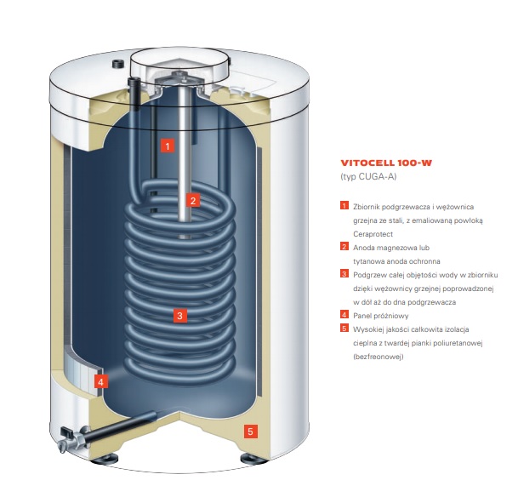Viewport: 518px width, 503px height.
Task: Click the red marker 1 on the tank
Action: click(168, 146)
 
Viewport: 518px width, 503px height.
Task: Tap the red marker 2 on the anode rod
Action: click(193, 201)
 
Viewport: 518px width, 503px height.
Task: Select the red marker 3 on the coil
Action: click(179, 316)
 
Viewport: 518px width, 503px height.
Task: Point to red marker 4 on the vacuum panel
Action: click(100, 382)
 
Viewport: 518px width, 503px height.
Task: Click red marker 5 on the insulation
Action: click(250, 432)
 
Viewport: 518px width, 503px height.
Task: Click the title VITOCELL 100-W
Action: click(384, 162)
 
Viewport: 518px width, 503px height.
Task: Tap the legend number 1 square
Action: click(344, 207)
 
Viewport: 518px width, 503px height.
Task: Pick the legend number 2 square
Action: click(344, 247)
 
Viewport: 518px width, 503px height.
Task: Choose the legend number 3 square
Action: click(344, 274)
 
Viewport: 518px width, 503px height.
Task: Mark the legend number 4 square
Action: click(344, 314)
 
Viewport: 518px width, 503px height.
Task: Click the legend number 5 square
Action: click(344, 328)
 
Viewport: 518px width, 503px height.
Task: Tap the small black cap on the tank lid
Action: click(117, 64)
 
